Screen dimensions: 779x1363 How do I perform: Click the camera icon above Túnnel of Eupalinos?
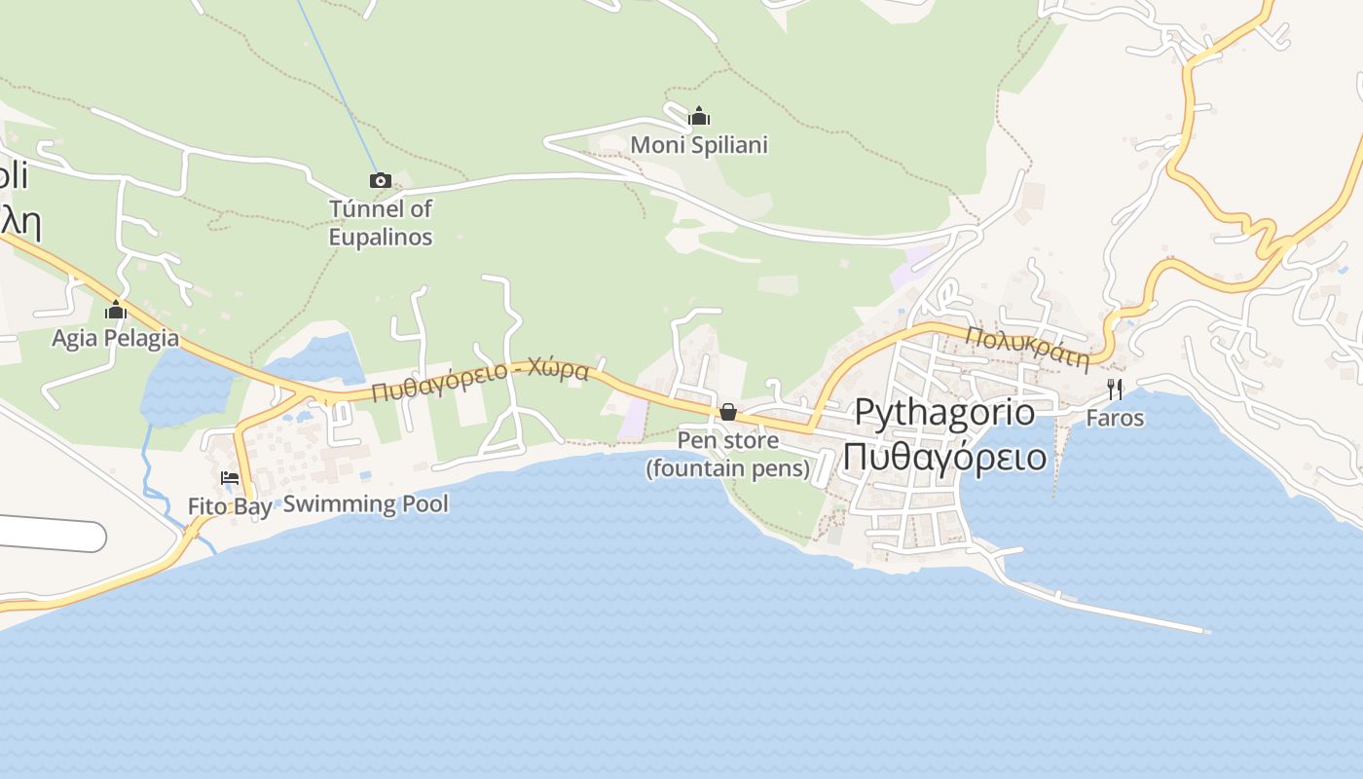(381, 180)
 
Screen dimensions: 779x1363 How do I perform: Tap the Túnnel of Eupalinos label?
(381, 223)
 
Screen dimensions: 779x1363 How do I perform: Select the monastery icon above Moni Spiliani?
(699, 117)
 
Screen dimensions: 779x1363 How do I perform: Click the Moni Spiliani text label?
(699, 145)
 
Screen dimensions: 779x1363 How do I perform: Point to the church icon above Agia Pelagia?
(116, 311)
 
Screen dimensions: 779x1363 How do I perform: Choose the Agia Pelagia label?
(116, 338)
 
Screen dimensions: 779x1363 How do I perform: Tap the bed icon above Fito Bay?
(230, 478)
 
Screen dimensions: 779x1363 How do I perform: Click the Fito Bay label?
(230, 507)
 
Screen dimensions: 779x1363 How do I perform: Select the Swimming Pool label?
(366, 503)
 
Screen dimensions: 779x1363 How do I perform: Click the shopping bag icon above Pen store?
(727, 412)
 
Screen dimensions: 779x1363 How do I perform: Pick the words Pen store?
(727, 440)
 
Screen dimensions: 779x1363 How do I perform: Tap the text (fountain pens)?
(727, 468)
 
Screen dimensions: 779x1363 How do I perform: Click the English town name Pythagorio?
(944, 412)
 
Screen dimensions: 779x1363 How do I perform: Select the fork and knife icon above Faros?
(1115, 389)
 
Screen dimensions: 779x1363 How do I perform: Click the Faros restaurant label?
(1115, 418)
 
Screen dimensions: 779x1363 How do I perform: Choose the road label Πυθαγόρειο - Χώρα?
(480, 382)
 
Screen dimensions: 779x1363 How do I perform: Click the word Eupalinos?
(381, 237)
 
